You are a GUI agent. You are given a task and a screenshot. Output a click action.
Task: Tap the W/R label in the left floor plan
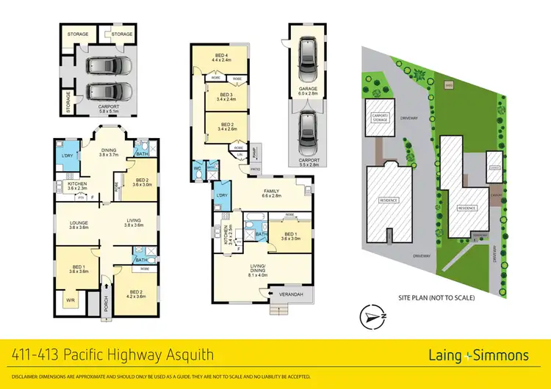tap(71, 299)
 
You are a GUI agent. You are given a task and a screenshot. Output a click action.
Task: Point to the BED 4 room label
tap(221, 58)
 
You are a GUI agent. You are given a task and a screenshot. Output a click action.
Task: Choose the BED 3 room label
tap(226, 96)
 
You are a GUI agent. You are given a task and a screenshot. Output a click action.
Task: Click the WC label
tap(198, 168)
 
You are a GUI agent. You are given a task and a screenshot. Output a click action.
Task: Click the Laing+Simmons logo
tap(478, 355)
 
